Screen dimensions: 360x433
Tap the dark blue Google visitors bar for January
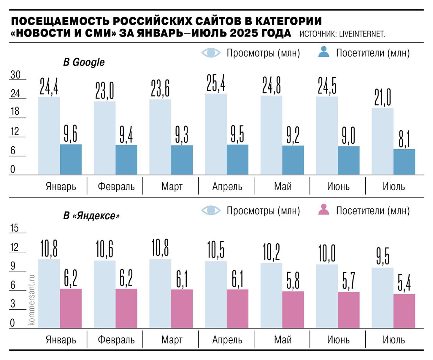71,159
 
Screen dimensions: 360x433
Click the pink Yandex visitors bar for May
293,310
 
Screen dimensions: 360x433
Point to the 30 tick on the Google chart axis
16,75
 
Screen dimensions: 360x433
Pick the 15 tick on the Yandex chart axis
15,228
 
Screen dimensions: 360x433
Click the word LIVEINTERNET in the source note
362,34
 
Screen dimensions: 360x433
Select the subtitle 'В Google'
84,62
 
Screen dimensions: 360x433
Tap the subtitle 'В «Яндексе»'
91,216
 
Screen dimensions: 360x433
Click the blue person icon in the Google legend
324,52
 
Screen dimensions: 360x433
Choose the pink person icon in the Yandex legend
324,210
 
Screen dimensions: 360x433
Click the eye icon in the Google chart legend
211,53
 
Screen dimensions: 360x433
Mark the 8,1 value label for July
404,139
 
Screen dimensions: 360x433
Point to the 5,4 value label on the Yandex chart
404,283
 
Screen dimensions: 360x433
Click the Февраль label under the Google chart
116,186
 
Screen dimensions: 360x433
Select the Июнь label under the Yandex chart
338,340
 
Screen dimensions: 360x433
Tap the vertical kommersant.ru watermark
32,300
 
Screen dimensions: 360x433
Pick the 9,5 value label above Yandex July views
383,256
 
